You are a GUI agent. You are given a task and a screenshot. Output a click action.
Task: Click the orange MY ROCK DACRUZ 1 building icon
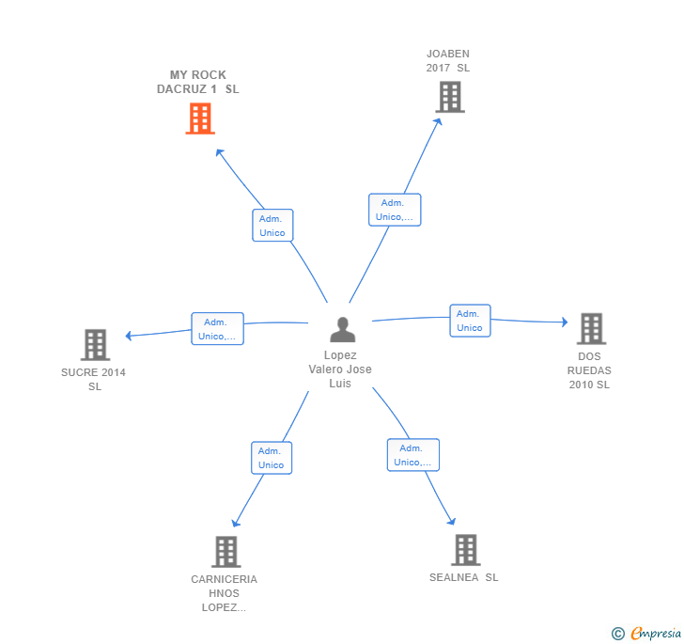pyautogui.click(x=199, y=118)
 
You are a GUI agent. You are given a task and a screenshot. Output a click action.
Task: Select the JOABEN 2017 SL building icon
pyautogui.click(x=450, y=97)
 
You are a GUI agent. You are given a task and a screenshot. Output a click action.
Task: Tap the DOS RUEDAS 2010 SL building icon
pyautogui.click(x=590, y=328)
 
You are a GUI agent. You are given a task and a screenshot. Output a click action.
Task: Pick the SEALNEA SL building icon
pyautogui.click(x=465, y=550)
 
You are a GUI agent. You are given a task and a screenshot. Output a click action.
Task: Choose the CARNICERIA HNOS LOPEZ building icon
pyautogui.click(x=225, y=552)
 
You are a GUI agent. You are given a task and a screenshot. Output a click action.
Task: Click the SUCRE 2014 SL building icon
pyautogui.click(x=95, y=345)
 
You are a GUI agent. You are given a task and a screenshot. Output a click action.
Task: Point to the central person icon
pyautogui.click(x=342, y=330)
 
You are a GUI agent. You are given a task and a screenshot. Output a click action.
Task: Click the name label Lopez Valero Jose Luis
pyautogui.click(x=340, y=369)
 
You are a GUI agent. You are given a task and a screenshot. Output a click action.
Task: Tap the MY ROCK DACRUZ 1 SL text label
pyautogui.click(x=197, y=82)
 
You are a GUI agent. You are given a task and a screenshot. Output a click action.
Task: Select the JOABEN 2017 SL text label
pyautogui.click(x=448, y=61)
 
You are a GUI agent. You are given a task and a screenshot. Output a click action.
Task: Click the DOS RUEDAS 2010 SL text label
pyautogui.click(x=589, y=370)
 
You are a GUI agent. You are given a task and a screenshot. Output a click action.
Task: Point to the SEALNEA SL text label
pyautogui.click(x=463, y=577)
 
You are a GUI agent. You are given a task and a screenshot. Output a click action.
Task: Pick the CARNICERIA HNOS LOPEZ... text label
pyautogui.click(x=225, y=593)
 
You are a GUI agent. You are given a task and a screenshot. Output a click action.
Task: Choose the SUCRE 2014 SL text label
pyautogui.click(x=94, y=379)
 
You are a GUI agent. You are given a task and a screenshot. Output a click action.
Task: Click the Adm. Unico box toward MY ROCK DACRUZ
pyautogui.click(x=272, y=226)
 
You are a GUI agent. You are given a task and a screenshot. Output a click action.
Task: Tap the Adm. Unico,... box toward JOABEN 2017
pyautogui.click(x=395, y=210)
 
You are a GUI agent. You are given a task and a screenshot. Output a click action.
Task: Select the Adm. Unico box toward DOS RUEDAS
pyautogui.click(x=469, y=321)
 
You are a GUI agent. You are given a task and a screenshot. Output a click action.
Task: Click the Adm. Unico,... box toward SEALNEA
pyautogui.click(x=413, y=455)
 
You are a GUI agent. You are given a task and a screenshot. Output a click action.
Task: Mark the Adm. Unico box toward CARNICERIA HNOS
pyautogui.click(x=271, y=458)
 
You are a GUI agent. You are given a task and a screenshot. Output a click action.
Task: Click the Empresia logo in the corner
pyautogui.click(x=646, y=633)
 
